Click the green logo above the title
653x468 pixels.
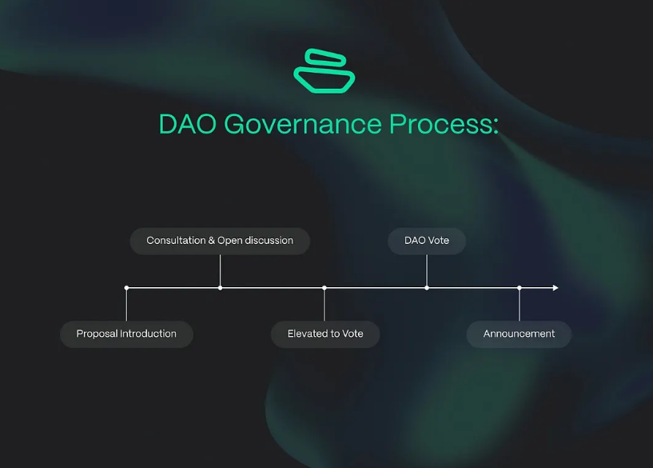325,70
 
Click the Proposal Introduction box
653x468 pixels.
126,334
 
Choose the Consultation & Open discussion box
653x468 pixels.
220,240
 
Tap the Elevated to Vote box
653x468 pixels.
325,334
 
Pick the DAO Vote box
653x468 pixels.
427,240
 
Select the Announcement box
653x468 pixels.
519,334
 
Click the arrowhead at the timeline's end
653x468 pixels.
555,287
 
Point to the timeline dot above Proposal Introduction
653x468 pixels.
126,287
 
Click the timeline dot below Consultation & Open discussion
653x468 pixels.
220,287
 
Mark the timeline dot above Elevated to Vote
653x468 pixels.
325,287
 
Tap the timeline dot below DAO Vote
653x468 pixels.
427,287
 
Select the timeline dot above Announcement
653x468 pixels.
520,287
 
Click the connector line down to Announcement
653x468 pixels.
520,306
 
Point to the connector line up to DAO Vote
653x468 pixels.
427,270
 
